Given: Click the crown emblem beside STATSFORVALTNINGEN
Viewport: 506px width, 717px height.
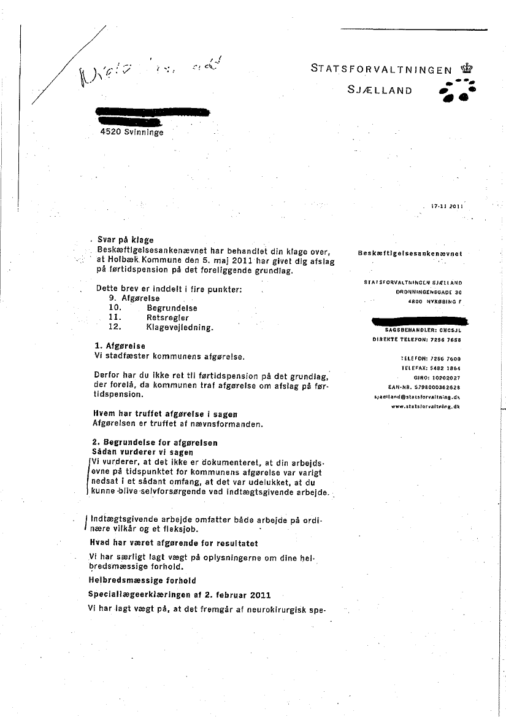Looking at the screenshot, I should (467, 68).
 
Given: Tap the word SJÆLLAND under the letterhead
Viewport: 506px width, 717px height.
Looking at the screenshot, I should (379, 90).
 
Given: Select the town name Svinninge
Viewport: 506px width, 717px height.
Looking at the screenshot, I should (144, 131).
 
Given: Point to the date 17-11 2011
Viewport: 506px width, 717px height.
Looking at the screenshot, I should (448, 206).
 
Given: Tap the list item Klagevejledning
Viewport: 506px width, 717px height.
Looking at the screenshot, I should (180, 328).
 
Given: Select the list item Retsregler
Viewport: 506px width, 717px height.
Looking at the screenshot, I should (167, 318).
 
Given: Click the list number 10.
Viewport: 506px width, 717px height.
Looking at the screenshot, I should (115, 308).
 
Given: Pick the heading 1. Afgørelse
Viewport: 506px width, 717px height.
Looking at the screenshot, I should (117, 346).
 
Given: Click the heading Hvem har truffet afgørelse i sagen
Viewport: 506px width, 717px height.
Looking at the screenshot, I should (164, 414).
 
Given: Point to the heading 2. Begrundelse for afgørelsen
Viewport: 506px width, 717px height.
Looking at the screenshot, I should (153, 443).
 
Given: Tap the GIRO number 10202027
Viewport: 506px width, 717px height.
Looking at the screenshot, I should (446, 378).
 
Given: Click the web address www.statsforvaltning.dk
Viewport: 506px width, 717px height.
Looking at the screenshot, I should (425, 407).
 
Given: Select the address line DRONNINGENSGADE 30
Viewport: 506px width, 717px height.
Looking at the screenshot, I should (429, 292).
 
